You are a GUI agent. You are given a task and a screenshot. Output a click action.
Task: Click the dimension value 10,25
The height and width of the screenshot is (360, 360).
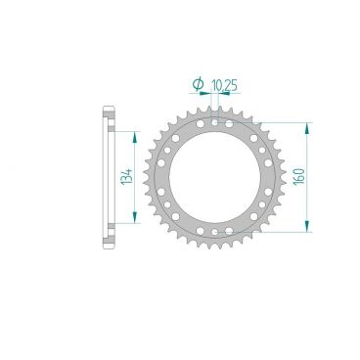coord(224,86)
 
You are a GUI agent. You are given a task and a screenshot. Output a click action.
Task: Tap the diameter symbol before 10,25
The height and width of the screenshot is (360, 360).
coord(199,87)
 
